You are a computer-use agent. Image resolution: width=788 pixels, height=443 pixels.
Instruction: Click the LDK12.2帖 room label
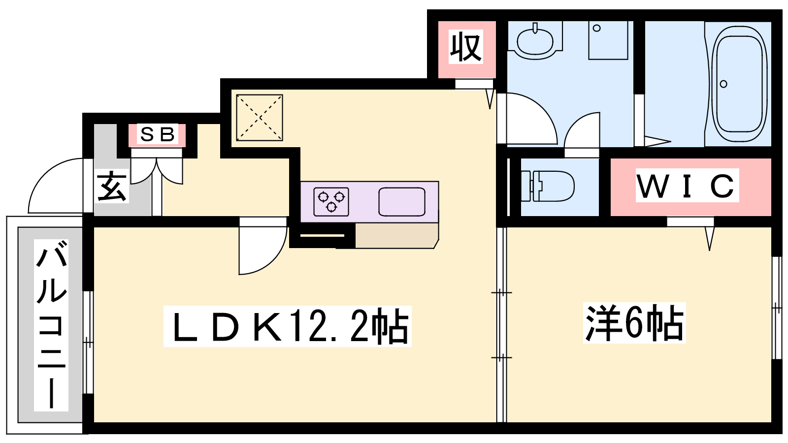point(287,326)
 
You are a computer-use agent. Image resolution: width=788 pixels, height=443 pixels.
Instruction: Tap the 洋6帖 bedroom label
point(634,323)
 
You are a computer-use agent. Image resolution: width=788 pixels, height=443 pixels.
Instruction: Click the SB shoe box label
point(157,134)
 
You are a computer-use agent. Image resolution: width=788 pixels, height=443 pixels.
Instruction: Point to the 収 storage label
point(465,47)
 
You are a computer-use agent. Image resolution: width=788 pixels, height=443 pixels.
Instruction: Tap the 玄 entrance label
point(112,186)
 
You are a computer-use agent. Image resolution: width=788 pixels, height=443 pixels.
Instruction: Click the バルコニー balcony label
point(51,325)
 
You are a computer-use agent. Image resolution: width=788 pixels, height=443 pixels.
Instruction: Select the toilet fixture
point(548,186)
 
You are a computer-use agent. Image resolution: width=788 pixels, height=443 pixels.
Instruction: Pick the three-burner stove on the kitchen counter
point(331,202)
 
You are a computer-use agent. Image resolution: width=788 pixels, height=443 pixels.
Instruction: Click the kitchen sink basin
point(402,202)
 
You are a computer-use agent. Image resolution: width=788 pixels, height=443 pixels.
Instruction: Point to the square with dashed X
point(259,118)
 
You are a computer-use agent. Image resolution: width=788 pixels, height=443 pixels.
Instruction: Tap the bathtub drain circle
point(723,84)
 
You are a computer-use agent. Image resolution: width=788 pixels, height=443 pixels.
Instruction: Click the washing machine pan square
point(608,39)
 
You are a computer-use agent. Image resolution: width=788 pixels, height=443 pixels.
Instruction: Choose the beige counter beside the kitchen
point(396,235)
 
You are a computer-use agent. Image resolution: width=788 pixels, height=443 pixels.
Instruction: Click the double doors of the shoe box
point(157,170)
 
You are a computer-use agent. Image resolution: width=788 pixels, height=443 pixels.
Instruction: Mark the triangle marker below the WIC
point(709,239)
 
